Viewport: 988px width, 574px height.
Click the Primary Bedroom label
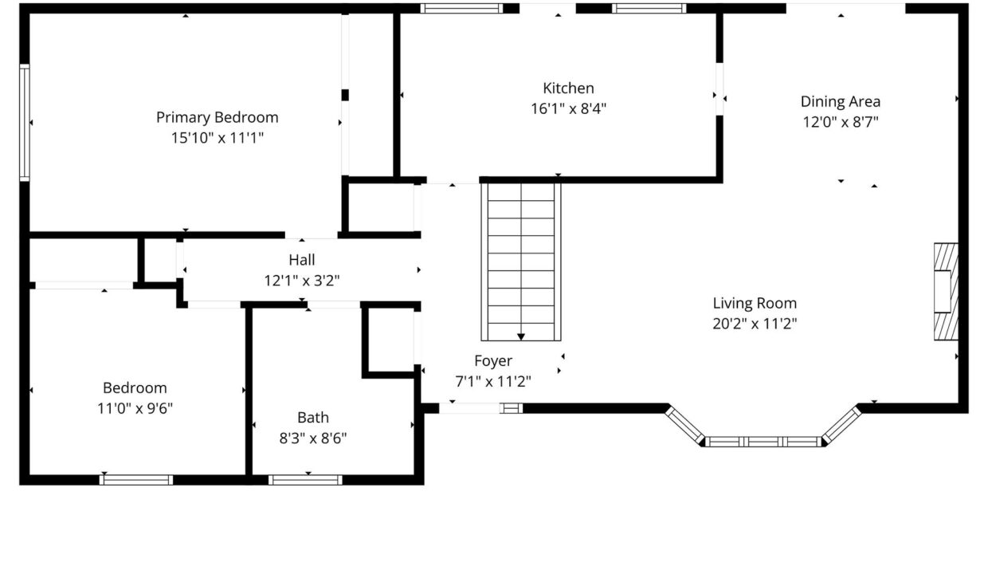217,117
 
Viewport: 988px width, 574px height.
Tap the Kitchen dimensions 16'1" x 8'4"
568,108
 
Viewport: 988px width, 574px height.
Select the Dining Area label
841,101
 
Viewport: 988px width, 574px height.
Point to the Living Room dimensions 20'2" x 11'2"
755,324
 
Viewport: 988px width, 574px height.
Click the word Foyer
493,361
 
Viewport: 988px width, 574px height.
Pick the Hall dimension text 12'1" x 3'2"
302,281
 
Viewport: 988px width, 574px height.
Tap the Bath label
312,418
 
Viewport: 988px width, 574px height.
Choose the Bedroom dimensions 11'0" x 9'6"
135,408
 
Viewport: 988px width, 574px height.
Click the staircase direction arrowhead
521,337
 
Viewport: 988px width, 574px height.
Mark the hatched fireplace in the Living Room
946,292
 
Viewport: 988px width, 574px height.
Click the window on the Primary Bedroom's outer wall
25,123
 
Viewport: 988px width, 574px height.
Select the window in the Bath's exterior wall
305,480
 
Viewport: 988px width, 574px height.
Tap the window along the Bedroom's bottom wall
135,480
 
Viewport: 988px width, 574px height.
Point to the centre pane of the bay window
763,442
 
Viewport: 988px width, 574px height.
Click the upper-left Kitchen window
461,9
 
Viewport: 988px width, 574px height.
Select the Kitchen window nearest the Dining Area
649,9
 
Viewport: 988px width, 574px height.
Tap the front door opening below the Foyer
469,408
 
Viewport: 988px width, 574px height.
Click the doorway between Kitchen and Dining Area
719,89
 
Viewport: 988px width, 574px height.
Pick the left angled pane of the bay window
684,425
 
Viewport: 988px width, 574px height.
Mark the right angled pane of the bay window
841,425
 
